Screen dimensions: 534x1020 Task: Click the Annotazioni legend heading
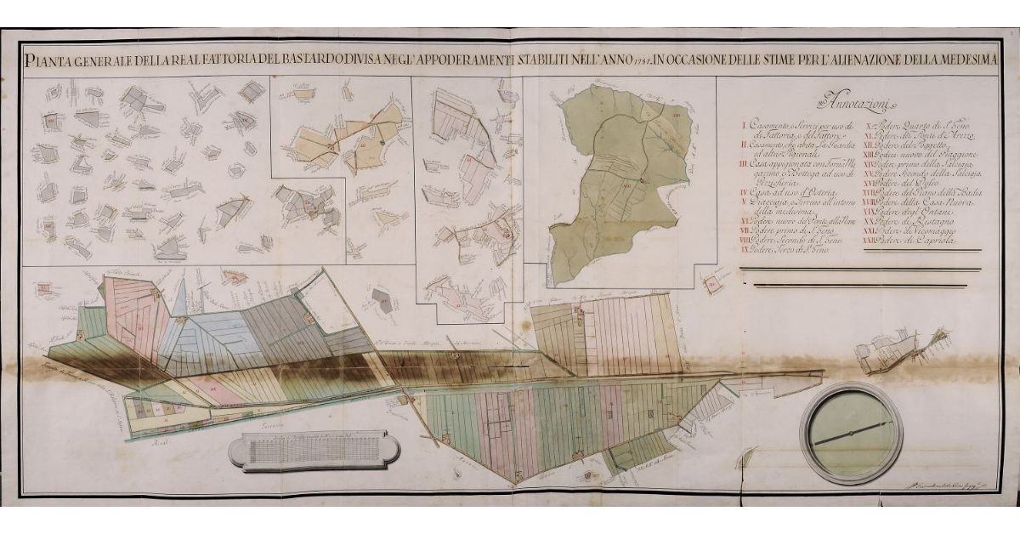pyautogui.click(x=849, y=104)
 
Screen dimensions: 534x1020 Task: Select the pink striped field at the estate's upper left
pyautogui.click(x=132, y=315)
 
